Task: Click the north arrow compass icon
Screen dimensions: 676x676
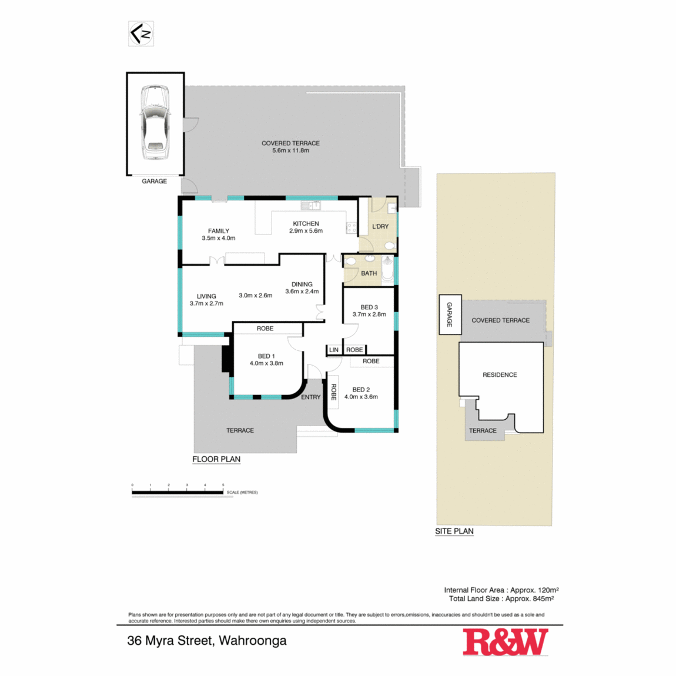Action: tap(141, 34)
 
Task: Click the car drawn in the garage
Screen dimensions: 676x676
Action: tap(155, 123)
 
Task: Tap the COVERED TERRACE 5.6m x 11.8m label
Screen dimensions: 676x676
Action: tap(290, 146)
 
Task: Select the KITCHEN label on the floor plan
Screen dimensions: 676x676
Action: tap(306, 223)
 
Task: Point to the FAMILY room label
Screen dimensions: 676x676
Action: tap(219, 230)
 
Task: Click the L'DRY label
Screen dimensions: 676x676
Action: tap(380, 226)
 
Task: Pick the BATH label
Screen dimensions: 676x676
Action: tap(369, 273)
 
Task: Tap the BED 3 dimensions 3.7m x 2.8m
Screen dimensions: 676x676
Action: tap(370, 314)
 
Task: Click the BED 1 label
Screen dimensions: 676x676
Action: tap(266, 356)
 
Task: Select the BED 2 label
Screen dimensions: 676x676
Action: tap(361, 390)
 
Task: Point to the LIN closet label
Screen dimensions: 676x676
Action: tap(334, 350)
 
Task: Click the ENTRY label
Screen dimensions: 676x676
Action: tap(311, 397)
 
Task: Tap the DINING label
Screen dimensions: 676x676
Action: tap(302, 284)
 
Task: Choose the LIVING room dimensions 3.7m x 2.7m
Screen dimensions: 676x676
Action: tap(206, 303)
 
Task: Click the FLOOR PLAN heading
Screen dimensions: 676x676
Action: tap(216, 459)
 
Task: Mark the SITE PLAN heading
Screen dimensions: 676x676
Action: tap(454, 531)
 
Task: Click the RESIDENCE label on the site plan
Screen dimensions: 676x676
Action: tap(500, 374)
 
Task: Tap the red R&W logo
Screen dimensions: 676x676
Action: tap(506, 642)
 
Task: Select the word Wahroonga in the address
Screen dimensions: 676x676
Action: tap(253, 641)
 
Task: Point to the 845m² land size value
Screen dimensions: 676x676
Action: tap(543, 598)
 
